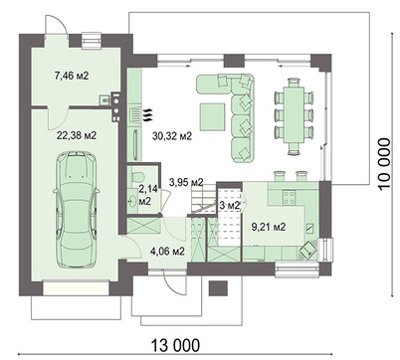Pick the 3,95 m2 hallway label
point(186,182)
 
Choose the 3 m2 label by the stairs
point(228,205)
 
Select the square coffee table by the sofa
point(212,115)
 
